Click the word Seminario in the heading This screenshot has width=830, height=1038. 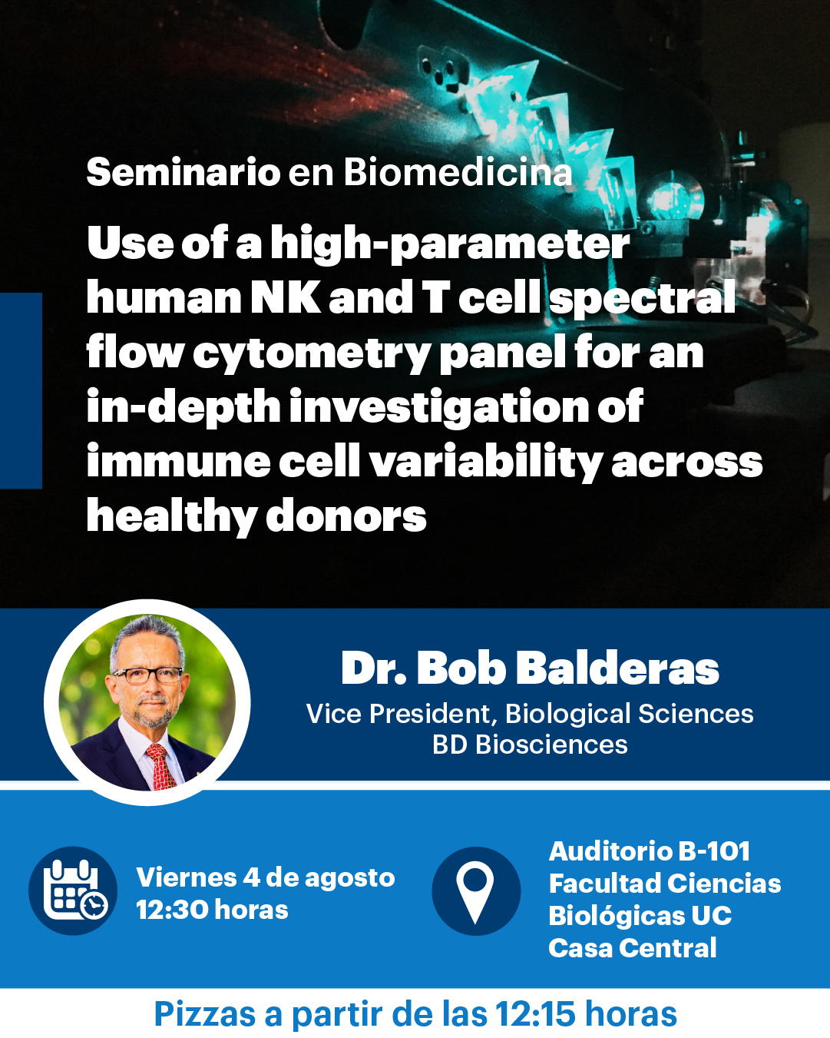(x=184, y=172)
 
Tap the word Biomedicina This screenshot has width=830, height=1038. (x=458, y=172)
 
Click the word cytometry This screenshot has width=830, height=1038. (x=312, y=355)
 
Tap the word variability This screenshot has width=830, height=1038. (x=487, y=462)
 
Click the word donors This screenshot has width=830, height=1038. (x=346, y=516)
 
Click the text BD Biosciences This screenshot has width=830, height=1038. (x=530, y=745)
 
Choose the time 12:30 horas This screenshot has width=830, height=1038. (x=212, y=910)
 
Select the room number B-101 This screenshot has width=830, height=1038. (x=714, y=851)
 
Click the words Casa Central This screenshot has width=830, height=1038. (x=633, y=948)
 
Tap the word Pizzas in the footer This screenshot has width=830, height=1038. (x=204, y=1014)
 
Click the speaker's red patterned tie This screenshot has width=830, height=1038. (x=161, y=767)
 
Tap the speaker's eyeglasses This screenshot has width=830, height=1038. (x=147, y=675)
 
